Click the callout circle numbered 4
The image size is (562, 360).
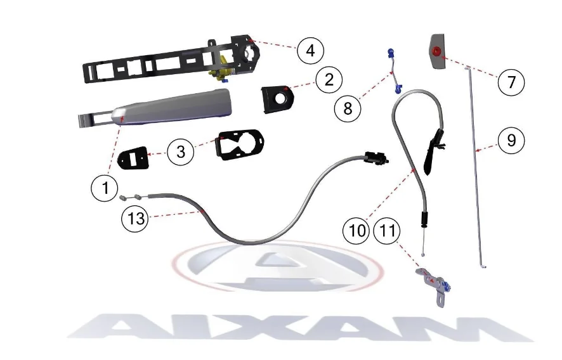coord(310,51)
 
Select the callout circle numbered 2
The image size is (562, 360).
coord(329,79)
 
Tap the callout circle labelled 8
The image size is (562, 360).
coord(348,108)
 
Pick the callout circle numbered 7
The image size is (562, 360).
coord(511,82)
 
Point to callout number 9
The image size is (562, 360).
coord(511,140)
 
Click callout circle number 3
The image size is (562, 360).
coord(181,151)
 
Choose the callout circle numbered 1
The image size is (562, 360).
coord(105,188)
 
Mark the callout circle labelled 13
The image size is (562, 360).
coord(136,218)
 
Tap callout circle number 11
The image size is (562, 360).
coord(387,230)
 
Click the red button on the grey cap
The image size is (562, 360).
coord(436,51)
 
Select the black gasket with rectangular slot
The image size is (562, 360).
coord(133,157)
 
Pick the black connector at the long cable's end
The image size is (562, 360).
coord(376,158)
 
